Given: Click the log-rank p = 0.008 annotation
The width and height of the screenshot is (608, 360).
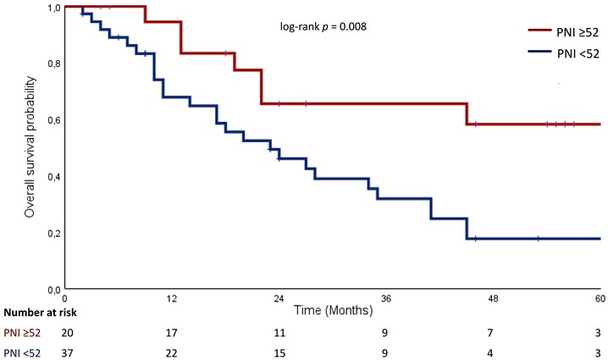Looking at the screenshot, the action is pos(323,27).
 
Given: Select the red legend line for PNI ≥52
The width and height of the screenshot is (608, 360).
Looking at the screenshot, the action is pos(539,30).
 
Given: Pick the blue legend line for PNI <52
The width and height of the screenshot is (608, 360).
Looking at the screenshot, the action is pos(539,51).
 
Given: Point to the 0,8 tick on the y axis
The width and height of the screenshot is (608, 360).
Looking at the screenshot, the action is pos(54,64).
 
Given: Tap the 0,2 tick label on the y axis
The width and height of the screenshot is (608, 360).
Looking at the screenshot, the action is pos(54,234).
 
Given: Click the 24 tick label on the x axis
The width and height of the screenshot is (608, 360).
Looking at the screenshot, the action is pos(279,299).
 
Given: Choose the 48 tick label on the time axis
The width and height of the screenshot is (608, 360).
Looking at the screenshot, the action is pos(493,299).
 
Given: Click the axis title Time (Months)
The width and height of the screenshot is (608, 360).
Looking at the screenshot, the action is pos(333,310).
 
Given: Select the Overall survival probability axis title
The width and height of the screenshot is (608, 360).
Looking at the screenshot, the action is pos(30,147).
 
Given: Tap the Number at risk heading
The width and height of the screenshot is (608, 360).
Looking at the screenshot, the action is pos(41,313).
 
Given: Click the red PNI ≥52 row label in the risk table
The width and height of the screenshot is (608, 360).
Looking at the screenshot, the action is pos(22,333).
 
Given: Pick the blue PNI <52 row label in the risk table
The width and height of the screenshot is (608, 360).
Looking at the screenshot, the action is pos(22,353).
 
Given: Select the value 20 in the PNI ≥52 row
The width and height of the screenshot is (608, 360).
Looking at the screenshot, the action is pos(67,333).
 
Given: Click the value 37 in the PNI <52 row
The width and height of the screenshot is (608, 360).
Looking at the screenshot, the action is pos(67,353).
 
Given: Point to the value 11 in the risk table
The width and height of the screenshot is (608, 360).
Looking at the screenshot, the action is pos(279,333).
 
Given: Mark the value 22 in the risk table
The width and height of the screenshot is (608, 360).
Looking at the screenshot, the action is pos(171,353).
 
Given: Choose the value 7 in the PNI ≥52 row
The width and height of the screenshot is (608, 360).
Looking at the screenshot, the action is pos(490,333).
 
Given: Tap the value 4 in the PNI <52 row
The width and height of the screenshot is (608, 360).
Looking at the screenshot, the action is pos(490,353).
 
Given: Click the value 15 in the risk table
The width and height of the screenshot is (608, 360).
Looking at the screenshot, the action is pos(279,353).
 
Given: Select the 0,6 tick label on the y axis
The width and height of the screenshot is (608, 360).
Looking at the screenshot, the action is pos(54,120).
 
